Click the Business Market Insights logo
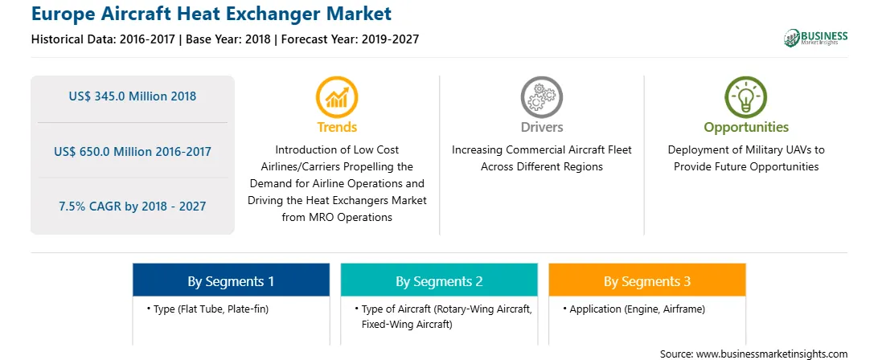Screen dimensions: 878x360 click(815, 38)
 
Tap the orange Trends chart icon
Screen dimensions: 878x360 click(337, 97)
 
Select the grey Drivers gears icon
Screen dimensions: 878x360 click(541, 97)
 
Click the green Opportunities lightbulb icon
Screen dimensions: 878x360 click(746, 97)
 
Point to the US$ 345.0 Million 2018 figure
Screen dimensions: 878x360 click(133, 96)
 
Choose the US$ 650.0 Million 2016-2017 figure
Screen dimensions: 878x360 click(133, 151)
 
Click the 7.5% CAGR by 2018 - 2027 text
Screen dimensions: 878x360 click(133, 206)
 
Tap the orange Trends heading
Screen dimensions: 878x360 click(337, 127)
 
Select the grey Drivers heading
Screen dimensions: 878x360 click(541, 127)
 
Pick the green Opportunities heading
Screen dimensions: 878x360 click(746, 127)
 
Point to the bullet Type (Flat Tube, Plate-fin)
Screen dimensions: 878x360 click(207, 309)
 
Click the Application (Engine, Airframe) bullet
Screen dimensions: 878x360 click(634, 309)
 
